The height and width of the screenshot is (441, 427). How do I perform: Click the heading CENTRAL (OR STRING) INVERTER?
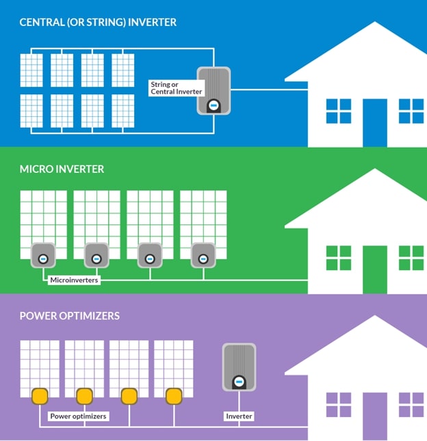point(98,23)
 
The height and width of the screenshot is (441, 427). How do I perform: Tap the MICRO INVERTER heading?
point(62,168)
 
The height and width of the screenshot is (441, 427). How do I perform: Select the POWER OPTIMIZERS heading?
point(70,316)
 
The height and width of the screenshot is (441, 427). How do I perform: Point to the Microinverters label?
point(74,279)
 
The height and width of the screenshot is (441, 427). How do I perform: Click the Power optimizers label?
point(78,416)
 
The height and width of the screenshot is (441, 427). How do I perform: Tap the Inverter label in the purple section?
point(239,416)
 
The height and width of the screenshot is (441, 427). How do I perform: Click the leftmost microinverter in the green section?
point(42,255)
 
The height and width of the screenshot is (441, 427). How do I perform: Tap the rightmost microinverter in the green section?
point(203,255)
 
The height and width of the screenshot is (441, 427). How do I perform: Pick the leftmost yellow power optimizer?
point(40,397)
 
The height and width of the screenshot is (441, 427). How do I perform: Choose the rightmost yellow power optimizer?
point(174,397)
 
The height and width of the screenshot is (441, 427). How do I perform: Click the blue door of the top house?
point(374,123)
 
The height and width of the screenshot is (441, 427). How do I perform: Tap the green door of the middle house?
point(374,269)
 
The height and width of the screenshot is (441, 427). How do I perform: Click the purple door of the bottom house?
point(374,416)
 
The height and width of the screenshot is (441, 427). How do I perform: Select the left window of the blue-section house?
point(338,111)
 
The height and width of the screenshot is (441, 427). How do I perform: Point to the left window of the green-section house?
point(338,258)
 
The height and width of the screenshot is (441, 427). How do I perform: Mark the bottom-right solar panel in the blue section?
point(123,110)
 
